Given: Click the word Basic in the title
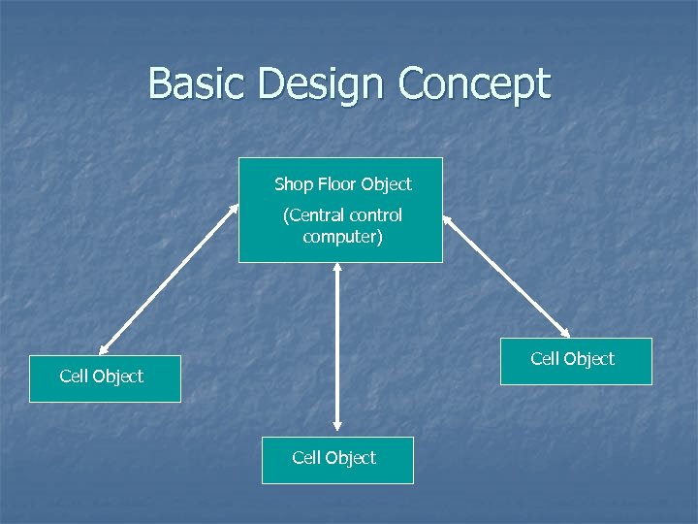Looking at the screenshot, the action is pos(198,84).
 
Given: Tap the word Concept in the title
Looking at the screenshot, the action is pos(474,84).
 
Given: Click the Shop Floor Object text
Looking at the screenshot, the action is pos(342,183).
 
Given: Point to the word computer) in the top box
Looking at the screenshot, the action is pos(342,236).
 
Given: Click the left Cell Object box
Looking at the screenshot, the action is pos(105,377).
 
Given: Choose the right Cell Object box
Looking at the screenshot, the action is pos(575,360).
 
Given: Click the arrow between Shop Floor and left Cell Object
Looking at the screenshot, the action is pos(169,278).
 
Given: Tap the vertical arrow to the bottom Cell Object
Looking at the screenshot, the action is pos(336,346).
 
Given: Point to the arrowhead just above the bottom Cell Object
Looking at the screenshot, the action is pos(336,424).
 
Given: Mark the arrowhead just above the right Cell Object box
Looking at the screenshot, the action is pos(568,333).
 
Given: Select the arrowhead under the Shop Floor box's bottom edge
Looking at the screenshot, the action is pos(336,269).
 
